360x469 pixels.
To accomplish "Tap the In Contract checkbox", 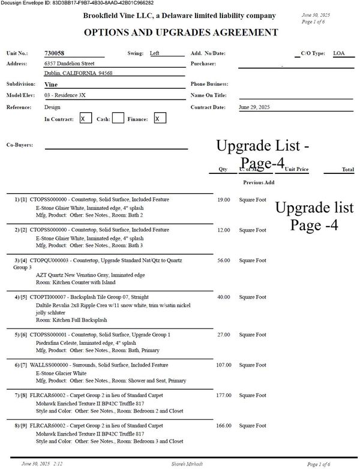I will click(x=85, y=119).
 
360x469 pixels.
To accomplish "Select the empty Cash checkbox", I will click(x=118, y=119).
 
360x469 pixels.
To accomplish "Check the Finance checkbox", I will click(x=159, y=119).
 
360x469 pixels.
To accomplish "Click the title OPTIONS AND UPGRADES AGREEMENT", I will click(x=180, y=32).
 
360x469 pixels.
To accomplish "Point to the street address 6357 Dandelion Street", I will click(x=70, y=63).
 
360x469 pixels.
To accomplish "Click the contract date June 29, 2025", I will click(x=254, y=107).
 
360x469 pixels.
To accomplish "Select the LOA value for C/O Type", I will click(x=338, y=53).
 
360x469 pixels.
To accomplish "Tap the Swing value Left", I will click(x=155, y=53).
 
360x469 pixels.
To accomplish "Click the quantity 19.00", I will click(x=223, y=199).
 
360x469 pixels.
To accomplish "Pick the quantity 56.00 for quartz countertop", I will click(x=223, y=260).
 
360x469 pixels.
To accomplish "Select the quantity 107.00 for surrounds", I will click(x=223, y=365).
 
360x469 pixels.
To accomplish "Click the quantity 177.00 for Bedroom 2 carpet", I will click(x=223, y=395).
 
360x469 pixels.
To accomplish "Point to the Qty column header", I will click(x=223, y=170).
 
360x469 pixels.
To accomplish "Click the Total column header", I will click(x=347, y=170).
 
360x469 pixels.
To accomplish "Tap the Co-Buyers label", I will click(x=19, y=145).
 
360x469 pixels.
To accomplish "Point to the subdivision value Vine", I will click(x=51, y=85).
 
